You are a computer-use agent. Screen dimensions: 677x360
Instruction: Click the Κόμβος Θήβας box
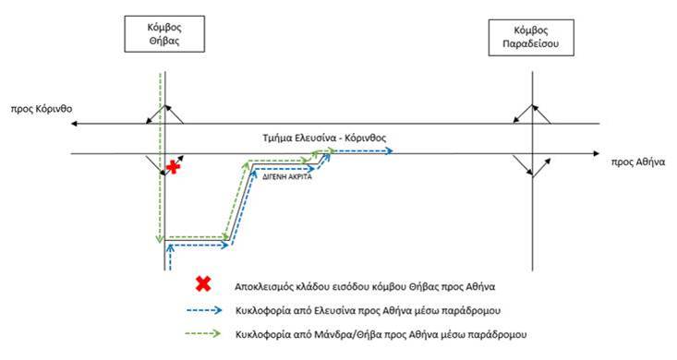tap(164, 34)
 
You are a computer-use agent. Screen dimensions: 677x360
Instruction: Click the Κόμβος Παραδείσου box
tap(531, 38)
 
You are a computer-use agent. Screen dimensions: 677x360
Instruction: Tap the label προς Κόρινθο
tap(42, 109)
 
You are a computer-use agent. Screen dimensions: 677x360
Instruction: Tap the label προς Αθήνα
tap(637, 162)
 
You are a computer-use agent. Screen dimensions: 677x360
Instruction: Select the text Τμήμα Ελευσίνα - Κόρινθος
tap(324, 138)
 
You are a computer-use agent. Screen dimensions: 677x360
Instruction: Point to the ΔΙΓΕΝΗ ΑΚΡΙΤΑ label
tap(287, 176)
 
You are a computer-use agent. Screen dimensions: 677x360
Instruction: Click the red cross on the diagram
tap(173, 167)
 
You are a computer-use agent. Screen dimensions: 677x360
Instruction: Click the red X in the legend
tap(203, 284)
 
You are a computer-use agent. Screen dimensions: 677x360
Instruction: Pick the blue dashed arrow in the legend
tap(204, 310)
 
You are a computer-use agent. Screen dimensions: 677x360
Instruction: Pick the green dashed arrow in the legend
tap(203, 333)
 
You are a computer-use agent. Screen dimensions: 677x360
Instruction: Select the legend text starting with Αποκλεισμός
tap(365, 287)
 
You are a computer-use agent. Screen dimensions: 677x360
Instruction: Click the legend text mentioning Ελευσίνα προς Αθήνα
tap(369, 310)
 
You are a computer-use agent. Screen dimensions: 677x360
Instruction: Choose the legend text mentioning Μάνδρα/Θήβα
tap(381, 334)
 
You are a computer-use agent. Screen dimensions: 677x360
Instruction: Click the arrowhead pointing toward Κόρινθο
tap(74, 124)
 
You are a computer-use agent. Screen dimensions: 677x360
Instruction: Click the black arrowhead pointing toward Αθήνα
tap(597, 153)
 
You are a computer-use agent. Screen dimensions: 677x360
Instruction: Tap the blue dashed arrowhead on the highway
tap(390, 151)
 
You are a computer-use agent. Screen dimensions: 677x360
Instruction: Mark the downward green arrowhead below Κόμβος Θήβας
tap(160, 239)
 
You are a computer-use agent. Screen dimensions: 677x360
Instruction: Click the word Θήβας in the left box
tap(164, 41)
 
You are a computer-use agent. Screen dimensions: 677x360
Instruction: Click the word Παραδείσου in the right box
tap(531, 44)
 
